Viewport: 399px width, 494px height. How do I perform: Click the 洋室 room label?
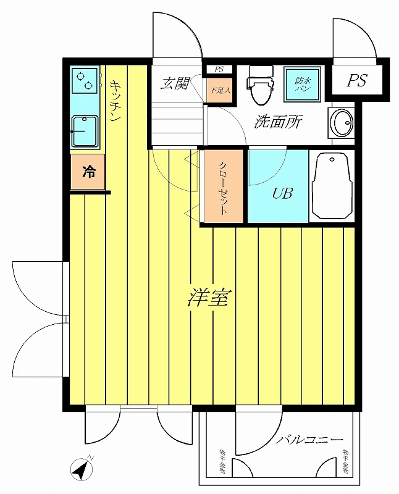[x=209, y=298]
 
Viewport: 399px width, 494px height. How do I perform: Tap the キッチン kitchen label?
[x=115, y=102]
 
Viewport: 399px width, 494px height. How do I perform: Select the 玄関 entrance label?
[x=174, y=84]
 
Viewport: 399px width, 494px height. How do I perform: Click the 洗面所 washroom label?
[x=277, y=122]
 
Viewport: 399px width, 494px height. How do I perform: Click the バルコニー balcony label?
[x=309, y=440]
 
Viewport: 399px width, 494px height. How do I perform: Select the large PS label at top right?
[x=356, y=81]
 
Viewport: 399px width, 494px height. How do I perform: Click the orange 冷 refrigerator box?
[x=89, y=172]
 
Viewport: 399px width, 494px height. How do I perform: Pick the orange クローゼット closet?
[x=224, y=187]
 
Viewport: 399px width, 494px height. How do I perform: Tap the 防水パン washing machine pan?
[x=302, y=84]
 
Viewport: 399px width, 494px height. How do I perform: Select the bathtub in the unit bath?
[x=332, y=186]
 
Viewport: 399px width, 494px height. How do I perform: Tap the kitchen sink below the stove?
[x=86, y=130]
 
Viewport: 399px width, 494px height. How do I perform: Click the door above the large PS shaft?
[x=353, y=38]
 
